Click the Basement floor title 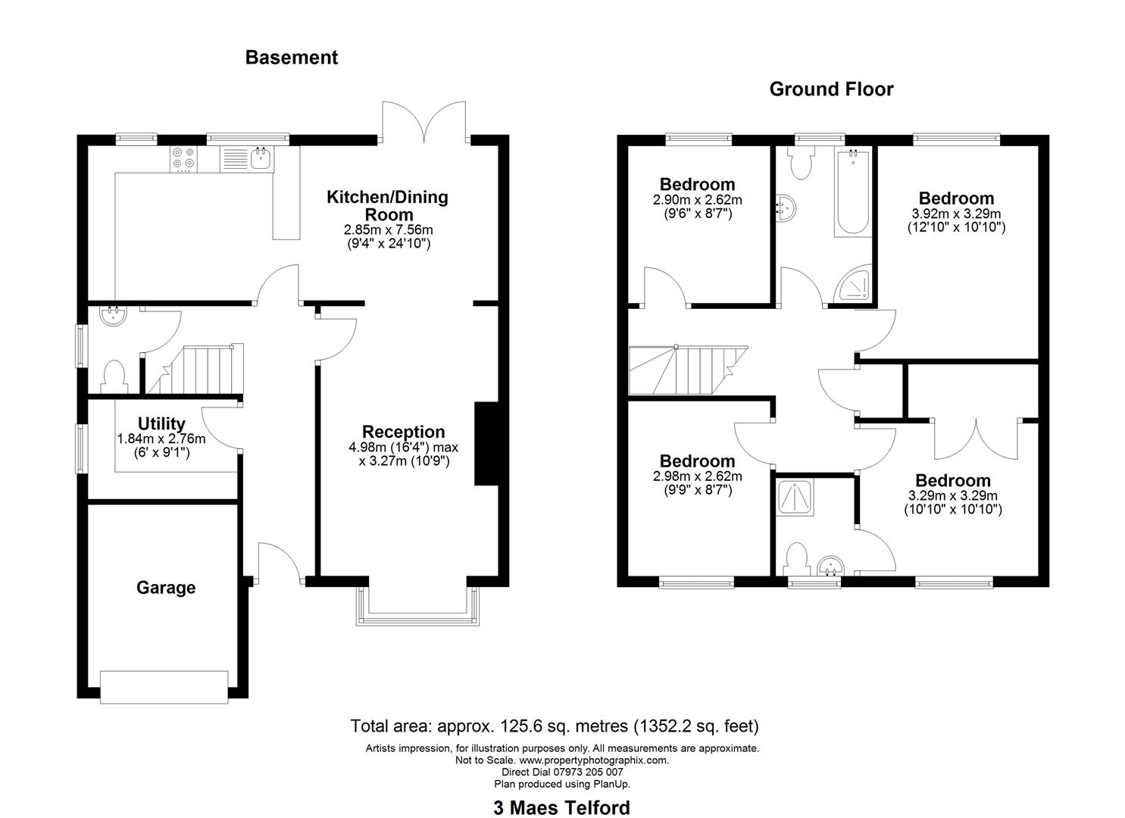(291, 58)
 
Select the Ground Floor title (831, 89)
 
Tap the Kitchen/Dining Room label (387, 206)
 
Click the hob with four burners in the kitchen (183, 158)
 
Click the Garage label (166, 588)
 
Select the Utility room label (161, 423)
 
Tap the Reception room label (403, 432)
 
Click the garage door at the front (164, 687)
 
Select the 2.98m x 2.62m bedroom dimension (697, 476)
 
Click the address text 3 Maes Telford (561, 808)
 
